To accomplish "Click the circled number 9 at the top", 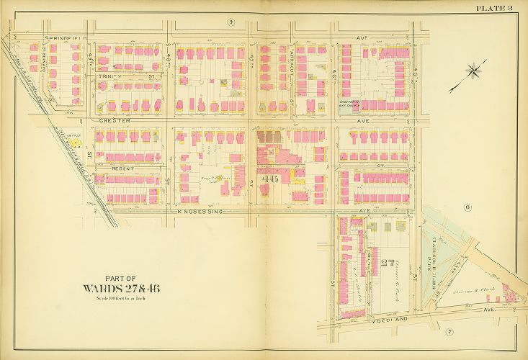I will click(231, 22).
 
